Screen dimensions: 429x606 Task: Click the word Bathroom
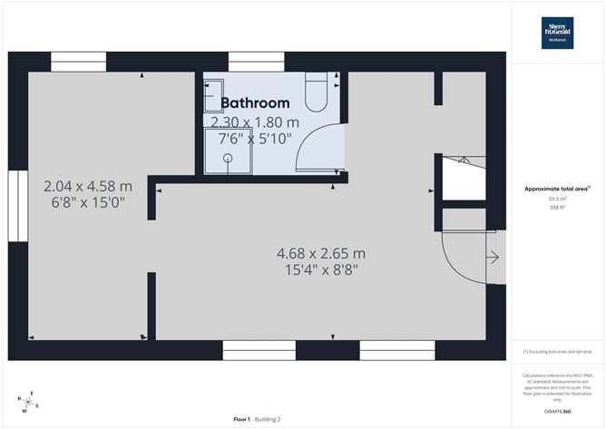tap(255, 103)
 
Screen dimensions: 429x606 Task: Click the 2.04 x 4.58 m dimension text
tap(88, 185)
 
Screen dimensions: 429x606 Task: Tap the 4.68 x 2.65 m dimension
tap(321, 253)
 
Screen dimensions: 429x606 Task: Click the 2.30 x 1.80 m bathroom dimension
tap(255, 122)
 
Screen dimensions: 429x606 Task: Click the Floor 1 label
tap(241, 419)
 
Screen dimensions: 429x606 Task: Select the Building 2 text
tap(268, 419)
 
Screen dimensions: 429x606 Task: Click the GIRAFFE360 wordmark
tap(557, 411)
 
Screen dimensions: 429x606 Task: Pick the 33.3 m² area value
tap(557, 199)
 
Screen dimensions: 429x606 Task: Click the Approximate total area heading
tap(557, 189)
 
